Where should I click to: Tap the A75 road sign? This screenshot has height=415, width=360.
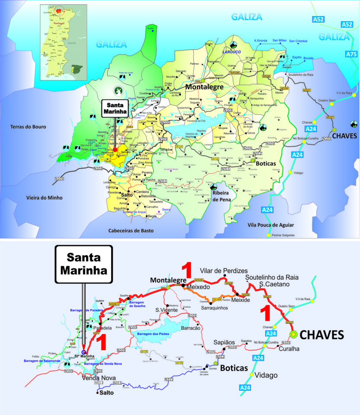tap(351, 54)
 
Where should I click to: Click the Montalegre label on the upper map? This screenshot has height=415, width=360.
tap(204, 87)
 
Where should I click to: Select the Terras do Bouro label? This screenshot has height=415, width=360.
tap(29, 127)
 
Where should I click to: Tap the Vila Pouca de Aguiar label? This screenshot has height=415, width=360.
tap(271, 225)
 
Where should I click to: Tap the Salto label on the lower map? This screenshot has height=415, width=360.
tap(106, 393)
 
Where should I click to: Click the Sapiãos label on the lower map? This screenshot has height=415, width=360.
tap(224, 342)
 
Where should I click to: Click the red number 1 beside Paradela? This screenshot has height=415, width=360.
tap(101, 343)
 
